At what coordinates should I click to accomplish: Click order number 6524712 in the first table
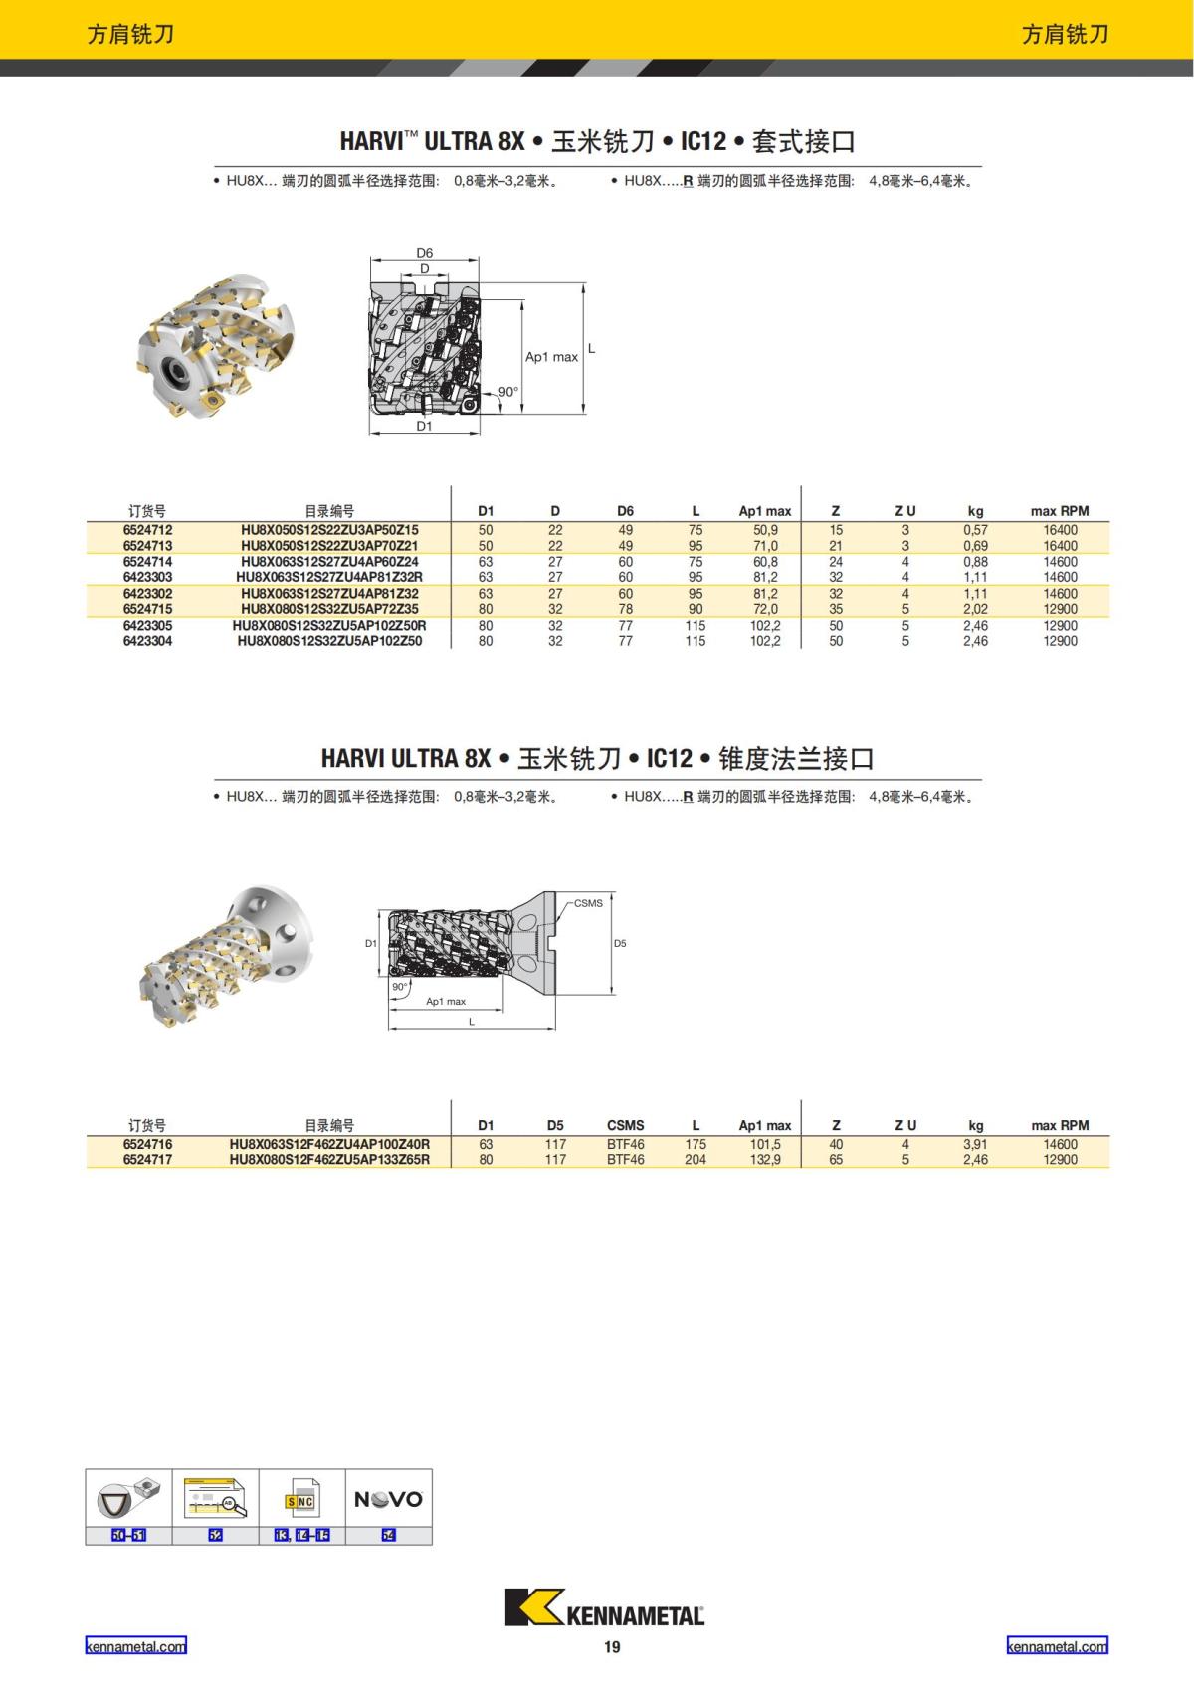[147, 530]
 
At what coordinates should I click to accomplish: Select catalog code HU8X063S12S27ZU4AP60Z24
[329, 562]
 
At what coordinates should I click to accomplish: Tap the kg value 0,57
[975, 530]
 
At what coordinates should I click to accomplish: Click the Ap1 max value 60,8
[765, 562]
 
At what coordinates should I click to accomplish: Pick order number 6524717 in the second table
[147, 1160]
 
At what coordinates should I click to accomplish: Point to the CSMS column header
[625, 1125]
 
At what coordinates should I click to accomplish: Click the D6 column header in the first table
[625, 511]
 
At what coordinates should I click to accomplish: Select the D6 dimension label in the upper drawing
[425, 253]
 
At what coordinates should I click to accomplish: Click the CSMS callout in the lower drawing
[588, 903]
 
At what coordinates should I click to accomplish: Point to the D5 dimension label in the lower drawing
[620, 943]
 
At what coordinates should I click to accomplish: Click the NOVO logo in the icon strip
[388, 1499]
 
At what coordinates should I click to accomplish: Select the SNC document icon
[300, 1500]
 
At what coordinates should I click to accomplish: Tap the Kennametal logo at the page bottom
[604, 1607]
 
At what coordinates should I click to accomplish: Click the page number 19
[612, 1647]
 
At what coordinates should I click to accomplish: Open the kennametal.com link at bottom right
[1057, 1646]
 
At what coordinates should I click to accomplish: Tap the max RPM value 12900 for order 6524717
[1060, 1160]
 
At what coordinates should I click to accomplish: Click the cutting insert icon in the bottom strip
[128, 1498]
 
